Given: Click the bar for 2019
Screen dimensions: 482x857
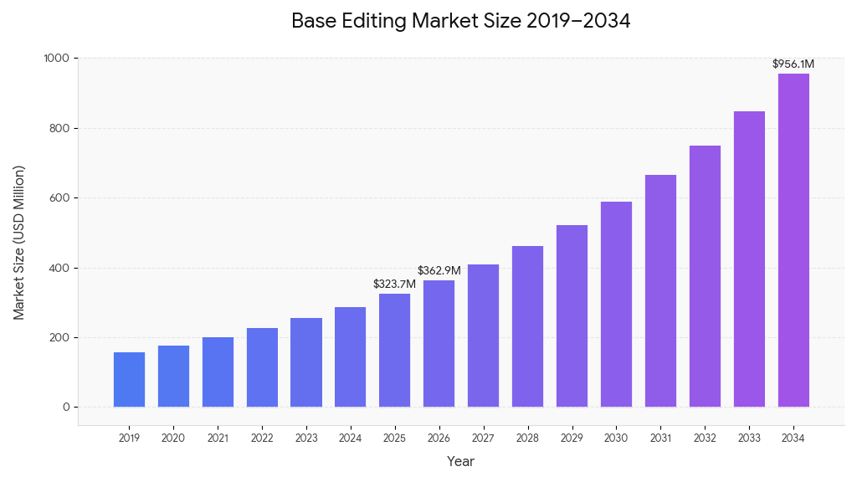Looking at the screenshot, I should point(129,380).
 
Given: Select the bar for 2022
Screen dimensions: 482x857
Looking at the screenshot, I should point(262,367).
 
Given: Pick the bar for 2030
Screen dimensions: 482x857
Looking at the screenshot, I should point(616,305).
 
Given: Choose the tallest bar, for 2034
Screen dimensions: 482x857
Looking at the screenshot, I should point(793,240).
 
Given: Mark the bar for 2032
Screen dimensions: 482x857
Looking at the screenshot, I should point(705,276).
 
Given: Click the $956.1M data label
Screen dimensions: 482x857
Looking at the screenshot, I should point(793,64).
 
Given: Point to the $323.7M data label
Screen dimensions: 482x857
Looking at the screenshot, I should point(394,285).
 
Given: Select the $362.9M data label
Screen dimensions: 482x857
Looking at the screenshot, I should point(439,271).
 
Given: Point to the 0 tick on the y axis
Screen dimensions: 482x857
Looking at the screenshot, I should point(66,408).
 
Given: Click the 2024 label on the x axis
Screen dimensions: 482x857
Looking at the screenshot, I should point(350,438).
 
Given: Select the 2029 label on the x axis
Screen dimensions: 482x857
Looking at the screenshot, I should point(572,438).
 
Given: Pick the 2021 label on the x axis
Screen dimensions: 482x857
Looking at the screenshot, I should point(218,438).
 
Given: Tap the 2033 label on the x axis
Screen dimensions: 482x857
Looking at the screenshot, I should point(749,438).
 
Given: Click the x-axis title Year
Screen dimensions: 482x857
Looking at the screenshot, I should point(460,461).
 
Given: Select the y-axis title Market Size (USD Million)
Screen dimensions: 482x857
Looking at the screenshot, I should point(19,242).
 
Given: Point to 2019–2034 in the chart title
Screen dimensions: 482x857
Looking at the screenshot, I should point(578,22).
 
